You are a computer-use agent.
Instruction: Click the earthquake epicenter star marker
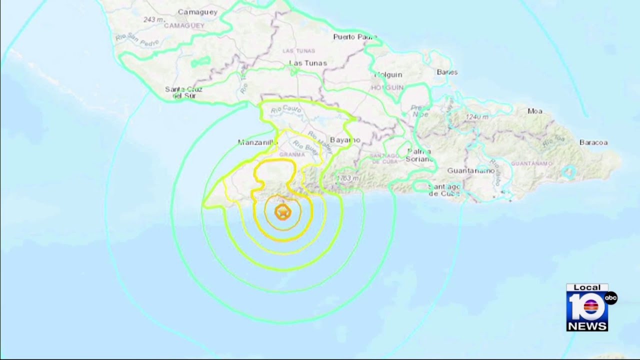click(x=282, y=212)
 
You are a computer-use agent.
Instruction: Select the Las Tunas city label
click(x=308, y=63)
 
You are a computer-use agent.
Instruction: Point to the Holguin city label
click(x=388, y=74)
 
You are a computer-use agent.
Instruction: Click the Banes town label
click(x=447, y=72)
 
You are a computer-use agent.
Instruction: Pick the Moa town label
click(x=534, y=111)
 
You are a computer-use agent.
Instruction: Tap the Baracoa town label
click(x=593, y=142)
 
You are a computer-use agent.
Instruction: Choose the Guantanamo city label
click(x=470, y=170)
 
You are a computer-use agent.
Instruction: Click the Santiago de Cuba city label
click(x=444, y=190)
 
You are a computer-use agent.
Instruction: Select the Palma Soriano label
click(x=420, y=154)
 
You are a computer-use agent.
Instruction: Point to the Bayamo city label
click(x=345, y=140)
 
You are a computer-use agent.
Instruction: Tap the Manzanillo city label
click(x=257, y=142)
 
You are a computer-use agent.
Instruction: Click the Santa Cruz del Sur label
click(x=183, y=92)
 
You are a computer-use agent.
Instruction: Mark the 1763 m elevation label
click(x=348, y=178)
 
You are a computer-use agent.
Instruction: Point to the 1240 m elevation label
click(x=476, y=117)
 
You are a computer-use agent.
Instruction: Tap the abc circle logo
click(x=611, y=298)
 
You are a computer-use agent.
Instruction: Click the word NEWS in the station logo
click(x=587, y=325)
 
